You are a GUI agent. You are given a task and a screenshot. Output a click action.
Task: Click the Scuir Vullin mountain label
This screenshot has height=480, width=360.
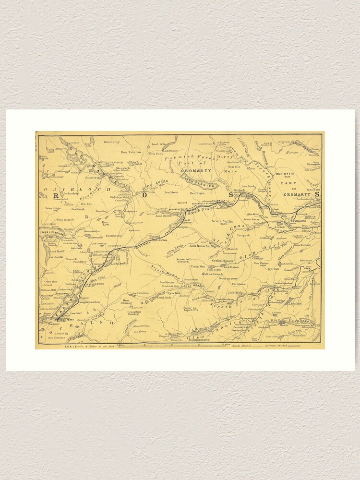pos(221,221)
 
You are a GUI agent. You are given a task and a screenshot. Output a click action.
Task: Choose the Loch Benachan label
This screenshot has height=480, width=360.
pos(200,246)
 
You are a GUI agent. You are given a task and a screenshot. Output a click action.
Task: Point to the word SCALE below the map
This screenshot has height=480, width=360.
pos(73,346)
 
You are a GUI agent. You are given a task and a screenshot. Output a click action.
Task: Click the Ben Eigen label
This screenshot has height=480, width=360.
pos(197,193)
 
